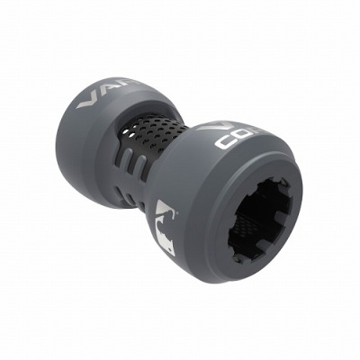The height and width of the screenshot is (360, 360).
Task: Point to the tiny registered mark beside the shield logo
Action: click(x=177, y=211)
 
